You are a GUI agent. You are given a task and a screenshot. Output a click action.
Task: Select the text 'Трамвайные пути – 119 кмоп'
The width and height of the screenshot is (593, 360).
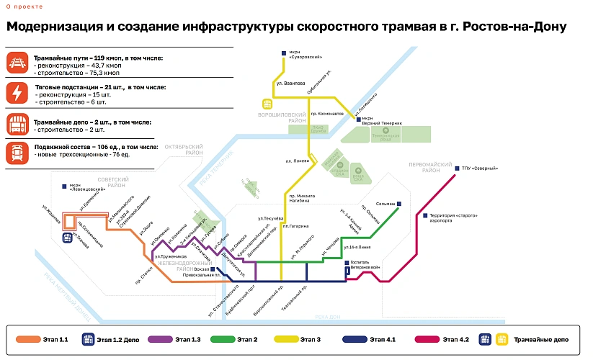tap(78, 58)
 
